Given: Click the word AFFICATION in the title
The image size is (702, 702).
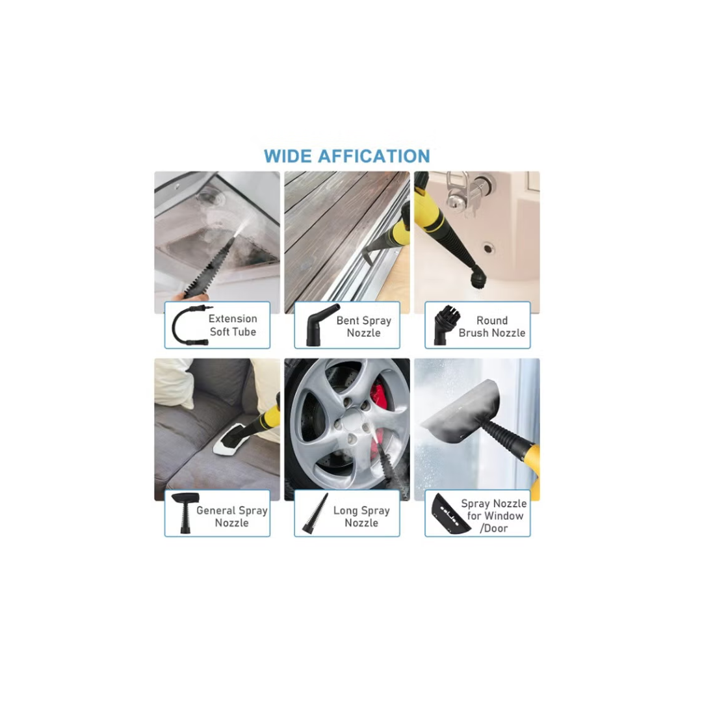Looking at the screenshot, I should coord(374,156).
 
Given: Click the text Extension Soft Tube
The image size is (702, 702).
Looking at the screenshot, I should coord(232,325).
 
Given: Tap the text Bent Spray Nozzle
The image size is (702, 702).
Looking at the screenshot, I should coord(363,327).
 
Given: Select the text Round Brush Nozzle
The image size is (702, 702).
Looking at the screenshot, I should coord(492,326).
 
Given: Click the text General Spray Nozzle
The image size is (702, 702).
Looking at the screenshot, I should coord(231,516).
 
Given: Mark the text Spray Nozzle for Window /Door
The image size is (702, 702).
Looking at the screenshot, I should coord(493,515).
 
